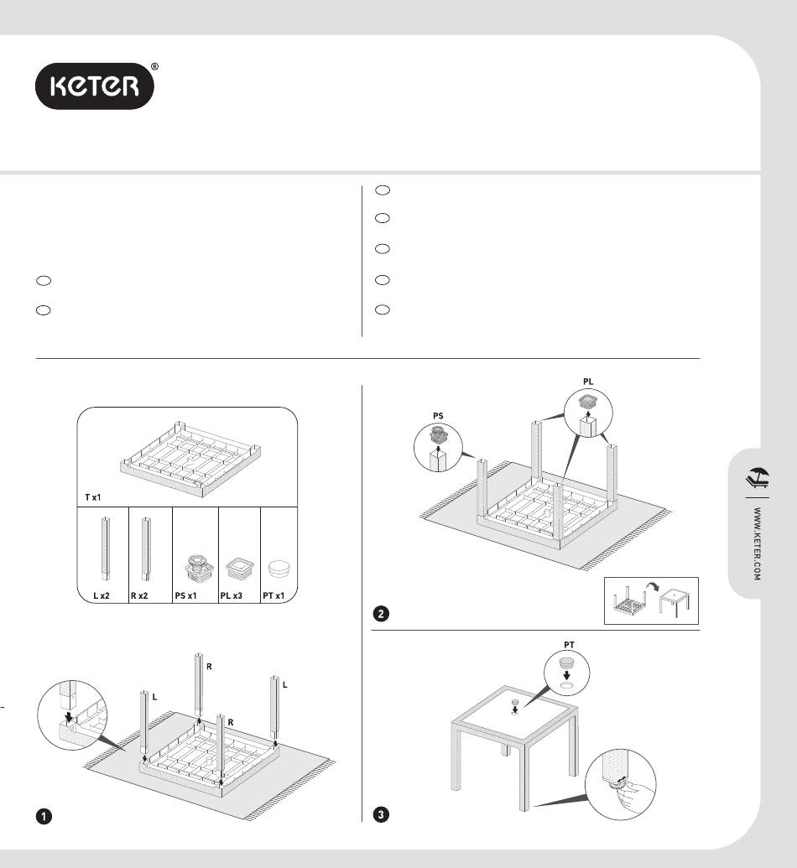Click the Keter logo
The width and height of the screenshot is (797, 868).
[x=95, y=86]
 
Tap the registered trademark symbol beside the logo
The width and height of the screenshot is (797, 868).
[x=154, y=67]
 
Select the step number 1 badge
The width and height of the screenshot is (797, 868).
[x=44, y=816]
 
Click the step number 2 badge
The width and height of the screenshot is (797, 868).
[x=381, y=613]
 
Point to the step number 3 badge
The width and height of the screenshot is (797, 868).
[x=381, y=814]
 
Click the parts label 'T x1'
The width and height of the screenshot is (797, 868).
[x=92, y=497]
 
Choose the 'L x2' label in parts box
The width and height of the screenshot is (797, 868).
[x=102, y=595]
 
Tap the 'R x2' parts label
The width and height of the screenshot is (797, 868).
[x=139, y=595]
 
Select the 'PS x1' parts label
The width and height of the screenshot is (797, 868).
[x=185, y=595]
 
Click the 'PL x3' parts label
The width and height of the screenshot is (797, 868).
[x=231, y=595]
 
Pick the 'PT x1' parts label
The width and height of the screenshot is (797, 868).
[x=273, y=595]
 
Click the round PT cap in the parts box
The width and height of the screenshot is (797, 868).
[x=279, y=569]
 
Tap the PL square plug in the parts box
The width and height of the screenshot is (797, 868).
[x=240, y=569]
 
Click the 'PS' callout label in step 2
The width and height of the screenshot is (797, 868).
[x=438, y=416]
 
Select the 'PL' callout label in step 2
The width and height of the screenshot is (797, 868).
[x=588, y=382]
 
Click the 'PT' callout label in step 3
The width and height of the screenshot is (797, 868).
[x=569, y=645]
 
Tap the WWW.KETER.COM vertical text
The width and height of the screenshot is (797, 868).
[x=757, y=543]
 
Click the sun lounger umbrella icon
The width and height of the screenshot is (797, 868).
[x=758, y=478]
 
